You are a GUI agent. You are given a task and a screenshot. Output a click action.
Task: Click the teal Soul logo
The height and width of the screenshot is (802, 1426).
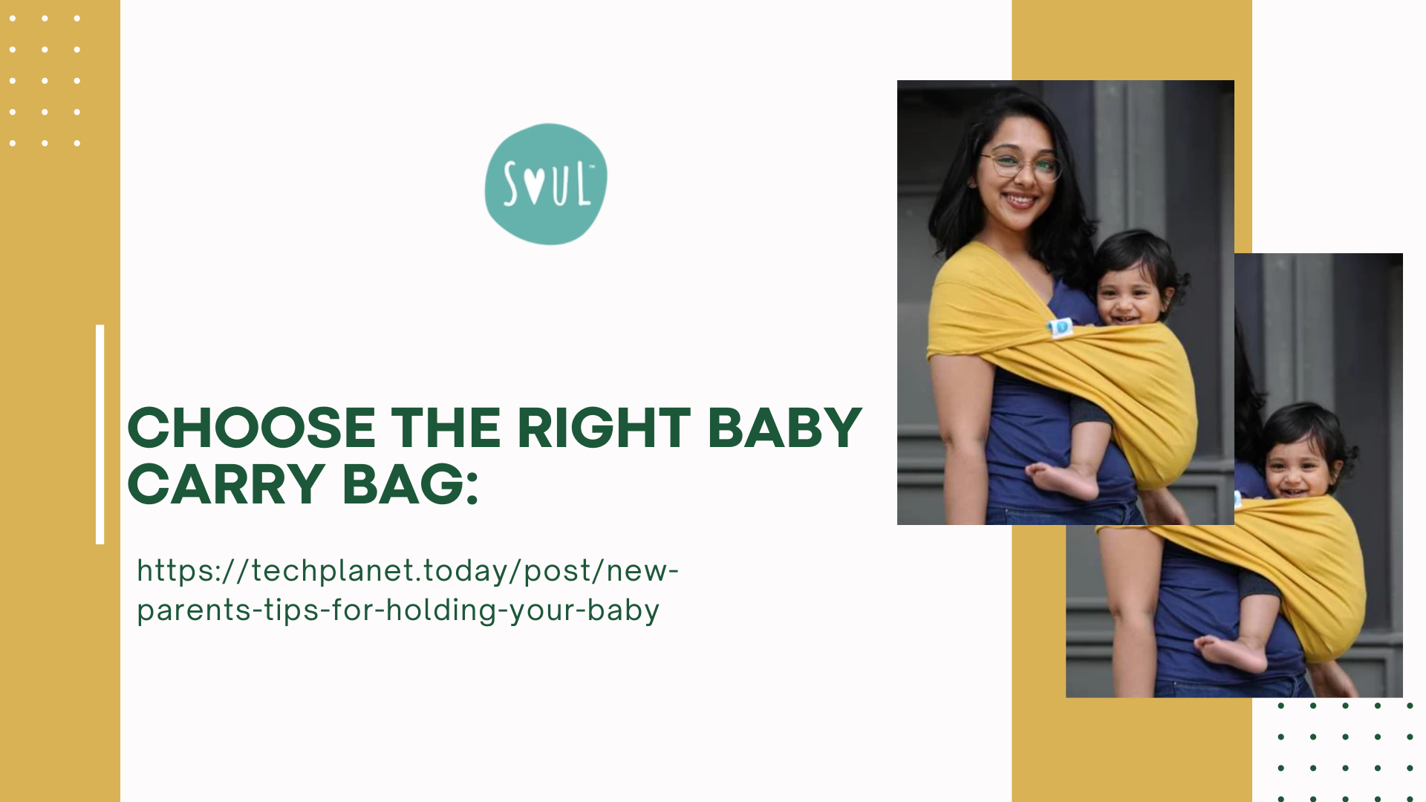(546, 184)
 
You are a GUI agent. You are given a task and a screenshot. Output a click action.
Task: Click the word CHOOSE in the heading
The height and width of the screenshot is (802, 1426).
(252, 428)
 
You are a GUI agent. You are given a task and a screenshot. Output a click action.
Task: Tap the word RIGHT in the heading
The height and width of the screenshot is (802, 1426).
(604, 428)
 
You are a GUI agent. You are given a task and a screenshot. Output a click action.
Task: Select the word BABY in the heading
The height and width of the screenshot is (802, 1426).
(784, 428)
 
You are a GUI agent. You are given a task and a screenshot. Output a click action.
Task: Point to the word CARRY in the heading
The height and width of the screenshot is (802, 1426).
(227, 485)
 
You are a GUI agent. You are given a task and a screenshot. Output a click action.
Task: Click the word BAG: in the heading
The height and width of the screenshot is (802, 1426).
(411, 485)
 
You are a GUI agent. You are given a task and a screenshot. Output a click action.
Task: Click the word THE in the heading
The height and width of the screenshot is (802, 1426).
(446, 428)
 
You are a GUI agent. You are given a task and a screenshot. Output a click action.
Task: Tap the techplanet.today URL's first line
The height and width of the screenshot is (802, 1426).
(408, 571)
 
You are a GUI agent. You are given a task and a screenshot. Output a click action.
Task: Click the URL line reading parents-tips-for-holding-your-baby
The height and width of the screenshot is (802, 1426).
(398, 610)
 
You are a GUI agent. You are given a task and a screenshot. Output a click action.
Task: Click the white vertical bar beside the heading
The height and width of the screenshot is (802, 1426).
(100, 434)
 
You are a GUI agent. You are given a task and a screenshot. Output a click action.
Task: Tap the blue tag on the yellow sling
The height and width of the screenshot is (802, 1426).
(1061, 327)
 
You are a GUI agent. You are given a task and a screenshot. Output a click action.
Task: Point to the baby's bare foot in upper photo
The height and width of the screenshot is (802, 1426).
(1063, 480)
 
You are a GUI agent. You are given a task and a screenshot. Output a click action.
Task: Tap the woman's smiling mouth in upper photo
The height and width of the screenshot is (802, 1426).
(1020, 200)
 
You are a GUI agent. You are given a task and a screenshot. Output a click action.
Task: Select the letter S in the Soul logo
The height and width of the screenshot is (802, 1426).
(511, 184)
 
